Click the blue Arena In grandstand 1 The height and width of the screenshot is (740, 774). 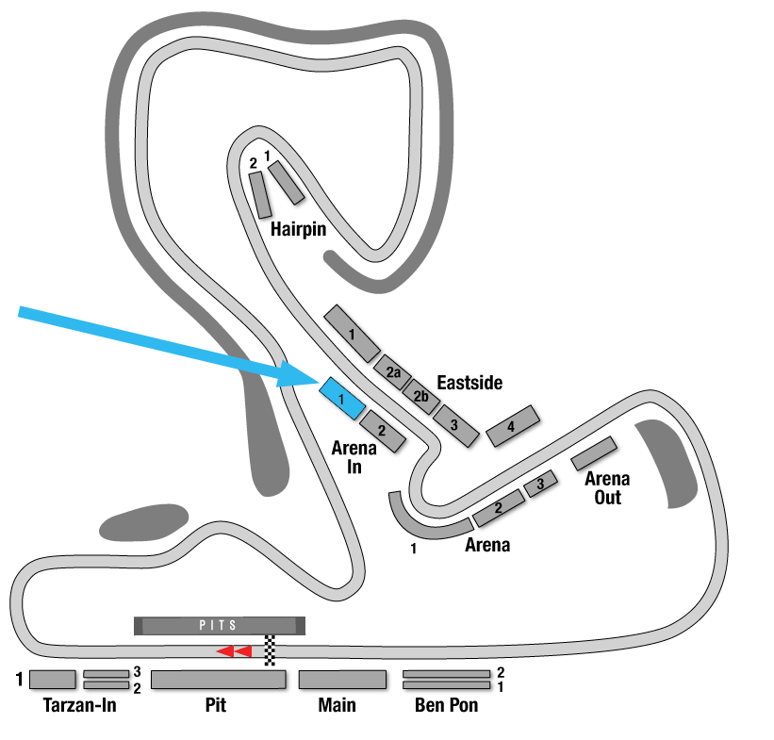coord(342,399)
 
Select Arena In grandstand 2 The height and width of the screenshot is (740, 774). coord(383,431)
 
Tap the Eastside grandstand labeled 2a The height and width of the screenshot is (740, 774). coord(392,372)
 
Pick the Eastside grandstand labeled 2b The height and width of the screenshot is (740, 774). coord(421,397)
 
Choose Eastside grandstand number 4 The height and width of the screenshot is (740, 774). coord(512,426)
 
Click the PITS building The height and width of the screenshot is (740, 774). coord(220,626)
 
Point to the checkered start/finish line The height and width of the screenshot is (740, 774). coord(270,650)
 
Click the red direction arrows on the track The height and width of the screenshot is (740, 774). coord(235,651)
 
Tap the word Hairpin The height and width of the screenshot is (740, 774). coord(298,229)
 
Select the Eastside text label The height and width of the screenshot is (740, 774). coord(469,383)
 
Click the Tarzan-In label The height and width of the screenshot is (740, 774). coord(79,705)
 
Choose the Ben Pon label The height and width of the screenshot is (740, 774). coord(446,705)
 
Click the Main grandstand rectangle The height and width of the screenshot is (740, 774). coord(342,680)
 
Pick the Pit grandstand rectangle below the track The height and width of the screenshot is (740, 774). coord(219,680)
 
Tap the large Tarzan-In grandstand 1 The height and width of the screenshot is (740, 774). coord(53,680)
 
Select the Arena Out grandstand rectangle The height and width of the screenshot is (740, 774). coord(594,453)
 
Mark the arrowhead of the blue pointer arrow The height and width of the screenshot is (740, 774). coord(299,373)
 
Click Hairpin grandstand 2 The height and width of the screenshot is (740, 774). coord(260,195)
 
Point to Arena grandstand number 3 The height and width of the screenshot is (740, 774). coord(540,484)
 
